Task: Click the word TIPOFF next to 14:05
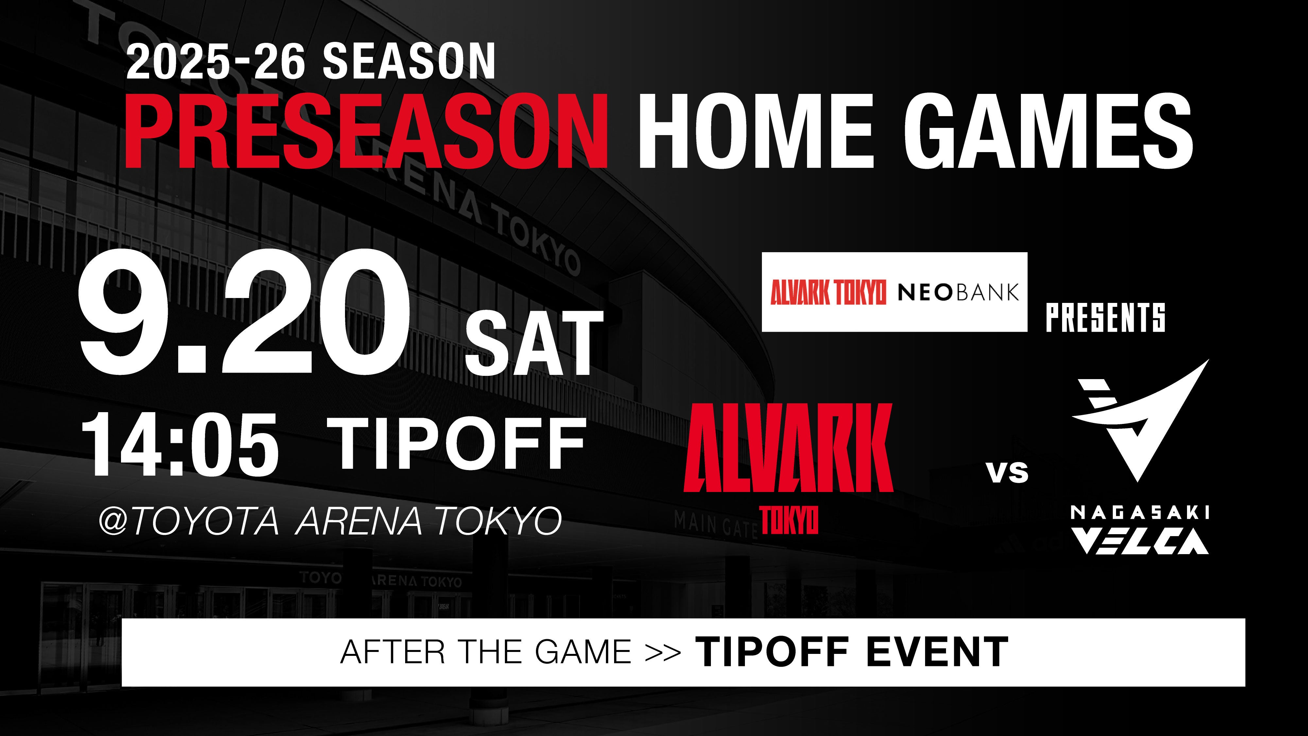(x=461, y=444)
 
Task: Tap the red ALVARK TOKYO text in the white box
(x=828, y=292)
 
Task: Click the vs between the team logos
(x=1008, y=472)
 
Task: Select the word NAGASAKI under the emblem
(x=1139, y=513)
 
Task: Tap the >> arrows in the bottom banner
(x=663, y=652)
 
